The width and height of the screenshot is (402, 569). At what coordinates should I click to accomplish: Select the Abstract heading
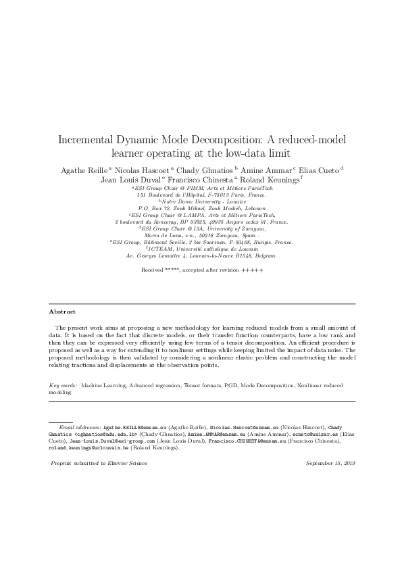click(x=62, y=312)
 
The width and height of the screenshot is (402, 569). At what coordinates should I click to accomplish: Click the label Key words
click(x=64, y=385)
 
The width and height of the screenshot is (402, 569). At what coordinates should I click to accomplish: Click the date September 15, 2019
click(x=330, y=464)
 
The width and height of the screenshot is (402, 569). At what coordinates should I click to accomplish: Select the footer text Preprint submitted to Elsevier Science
click(x=99, y=464)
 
